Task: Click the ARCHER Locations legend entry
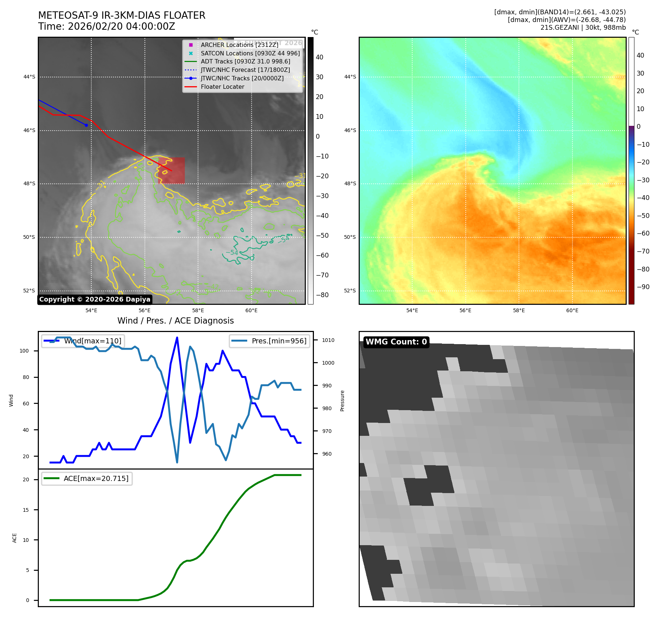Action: tap(239, 45)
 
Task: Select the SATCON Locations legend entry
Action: tap(250, 53)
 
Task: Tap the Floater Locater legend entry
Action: tap(222, 87)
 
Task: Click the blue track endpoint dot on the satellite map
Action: tap(86, 125)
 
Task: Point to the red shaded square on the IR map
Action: tap(171, 171)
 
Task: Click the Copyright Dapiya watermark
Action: tap(95, 299)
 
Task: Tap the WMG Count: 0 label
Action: tap(396, 342)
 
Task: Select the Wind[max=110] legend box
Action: tap(83, 341)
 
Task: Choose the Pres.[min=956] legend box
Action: tap(270, 341)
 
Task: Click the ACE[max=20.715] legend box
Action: tap(87, 478)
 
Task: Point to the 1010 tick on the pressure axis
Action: tap(328, 340)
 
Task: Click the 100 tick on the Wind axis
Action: tap(24, 351)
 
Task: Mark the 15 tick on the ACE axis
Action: tap(26, 510)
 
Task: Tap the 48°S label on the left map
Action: tap(29, 184)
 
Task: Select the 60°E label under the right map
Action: tap(572, 311)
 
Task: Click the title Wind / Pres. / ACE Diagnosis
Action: tap(175, 321)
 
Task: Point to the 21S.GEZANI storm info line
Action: tap(583, 28)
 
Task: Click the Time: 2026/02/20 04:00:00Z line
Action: tap(106, 26)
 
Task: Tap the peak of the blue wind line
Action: tap(177, 338)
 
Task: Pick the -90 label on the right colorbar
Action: tap(643, 287)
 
